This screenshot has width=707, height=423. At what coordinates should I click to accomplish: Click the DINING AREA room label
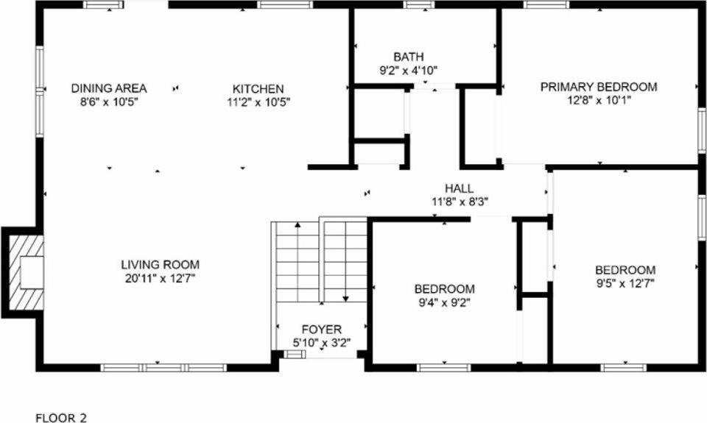point(109,88)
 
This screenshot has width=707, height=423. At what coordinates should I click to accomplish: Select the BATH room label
point(408,57)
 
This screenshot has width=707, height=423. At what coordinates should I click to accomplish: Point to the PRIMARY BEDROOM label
point(599,87)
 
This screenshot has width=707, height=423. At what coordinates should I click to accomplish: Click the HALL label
point(460,188)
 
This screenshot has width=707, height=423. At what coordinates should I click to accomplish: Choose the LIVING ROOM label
point(160,265)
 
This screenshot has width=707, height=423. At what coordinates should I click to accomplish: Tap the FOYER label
point(322,329)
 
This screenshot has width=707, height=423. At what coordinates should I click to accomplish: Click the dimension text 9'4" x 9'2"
point(444,302)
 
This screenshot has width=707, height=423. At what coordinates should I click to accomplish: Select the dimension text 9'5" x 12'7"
point(625,282)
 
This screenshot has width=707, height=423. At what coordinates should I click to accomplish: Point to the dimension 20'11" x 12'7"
point(160,277)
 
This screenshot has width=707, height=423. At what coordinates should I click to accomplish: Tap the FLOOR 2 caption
point(61,418)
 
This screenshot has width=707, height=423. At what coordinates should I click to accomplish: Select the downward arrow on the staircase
point(345,294)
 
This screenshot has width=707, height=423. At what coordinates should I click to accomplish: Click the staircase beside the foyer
point(320,261)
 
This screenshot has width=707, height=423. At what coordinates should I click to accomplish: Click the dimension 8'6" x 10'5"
point(109,102)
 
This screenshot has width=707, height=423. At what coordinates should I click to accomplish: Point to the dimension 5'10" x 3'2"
point(322,341)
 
